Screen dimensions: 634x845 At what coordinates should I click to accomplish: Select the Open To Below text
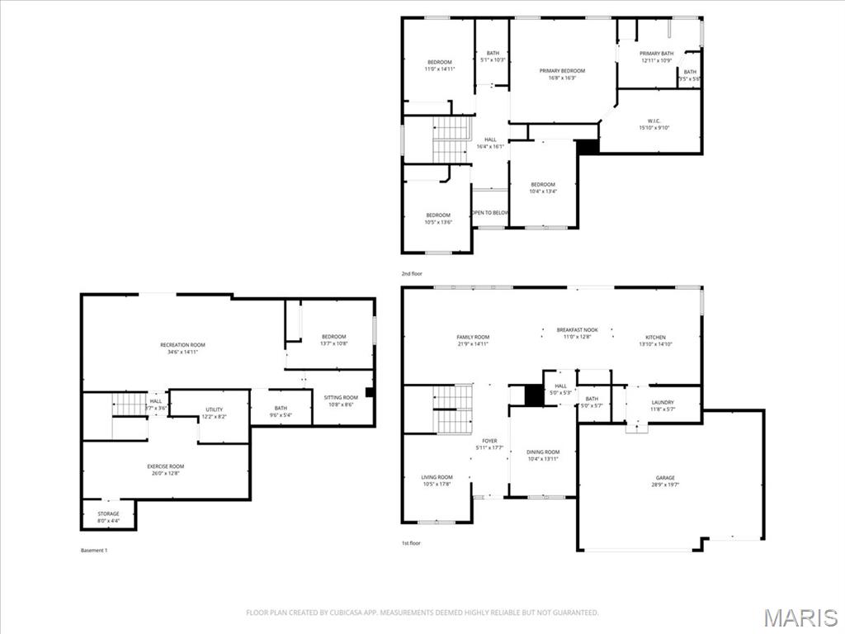tap(490, 212)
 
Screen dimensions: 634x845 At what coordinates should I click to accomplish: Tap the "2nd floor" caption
tap(413, 273)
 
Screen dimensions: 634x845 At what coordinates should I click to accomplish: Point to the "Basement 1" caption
tap(94, 551)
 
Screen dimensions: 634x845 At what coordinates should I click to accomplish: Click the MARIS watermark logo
tap(800, 617)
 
